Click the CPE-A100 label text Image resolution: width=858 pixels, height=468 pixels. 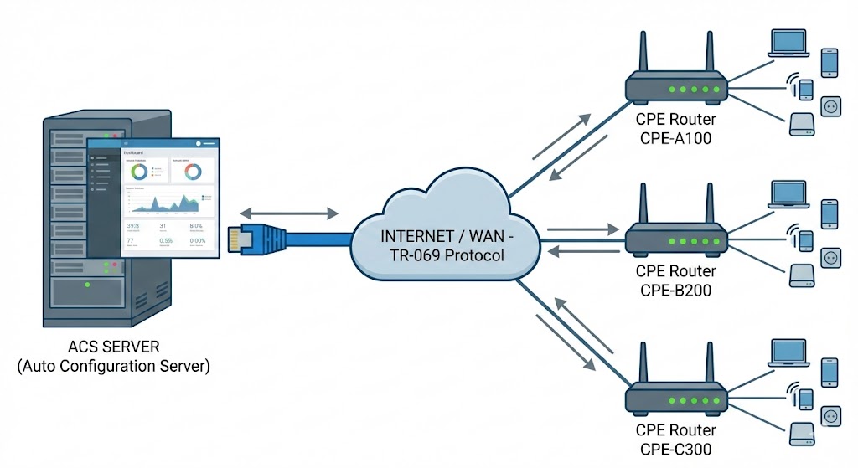(x=675, y=137)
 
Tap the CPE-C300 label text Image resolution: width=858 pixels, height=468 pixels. (x=675, y=448)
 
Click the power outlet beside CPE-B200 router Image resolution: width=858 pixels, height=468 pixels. (x=830, y=256)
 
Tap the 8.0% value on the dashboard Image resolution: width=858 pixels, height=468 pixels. (x=196, y=226)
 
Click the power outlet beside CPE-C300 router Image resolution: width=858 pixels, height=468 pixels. (x=830, y=415)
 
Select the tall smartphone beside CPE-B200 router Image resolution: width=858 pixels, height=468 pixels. (x=830, y=213)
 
